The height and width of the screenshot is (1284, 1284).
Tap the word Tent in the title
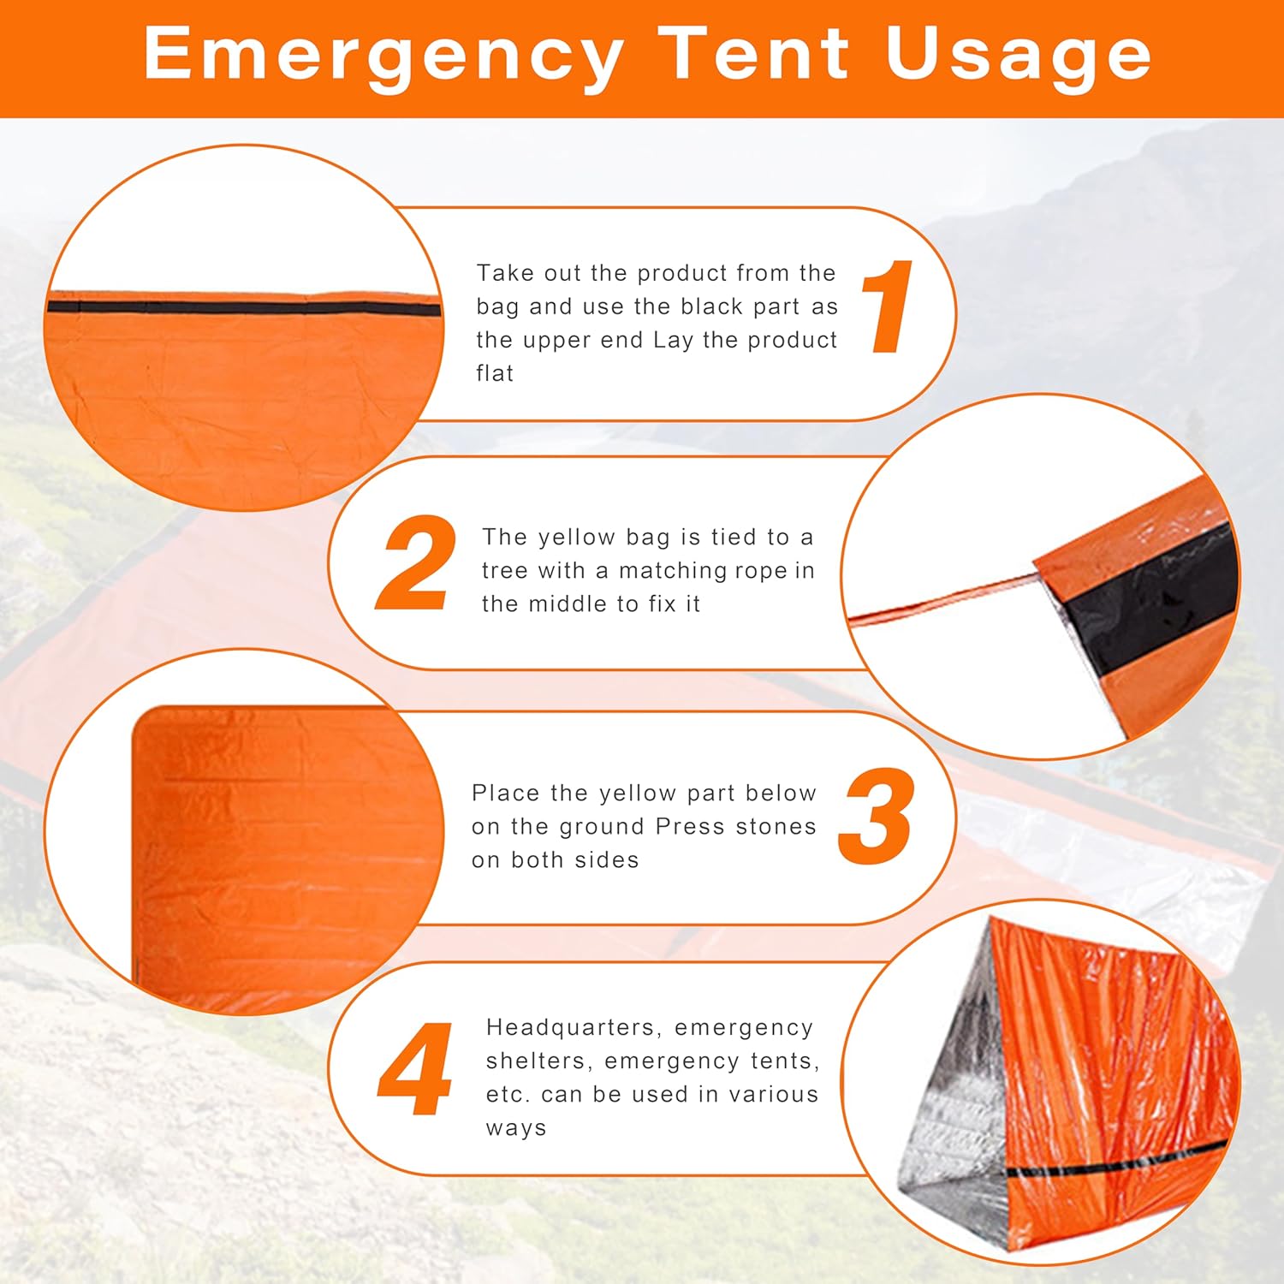pyautogui.click(x=754, y=53)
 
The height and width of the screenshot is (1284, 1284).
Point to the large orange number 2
pyautogui.click(x=417, y=562)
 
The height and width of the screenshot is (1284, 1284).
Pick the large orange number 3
pyautogui.click(x=876, y=816)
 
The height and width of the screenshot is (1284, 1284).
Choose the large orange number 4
pyautogui.click(x=415, y=1068)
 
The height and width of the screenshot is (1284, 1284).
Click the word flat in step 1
pyautogui.click(x=495, y=373)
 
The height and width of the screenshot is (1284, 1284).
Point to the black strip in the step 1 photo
pyautogui.click(x=244, y=308)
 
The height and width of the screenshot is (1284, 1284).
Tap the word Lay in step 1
pyautogui.click(x=673, y=341)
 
